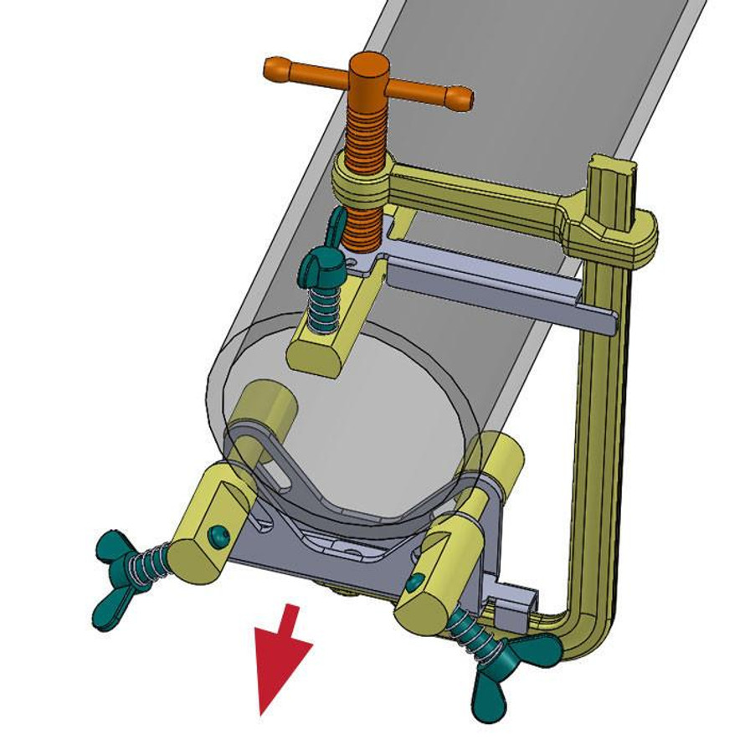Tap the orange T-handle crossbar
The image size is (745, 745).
click(x=419, y=87)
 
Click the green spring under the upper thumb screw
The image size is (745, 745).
click(x=321, y=311)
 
